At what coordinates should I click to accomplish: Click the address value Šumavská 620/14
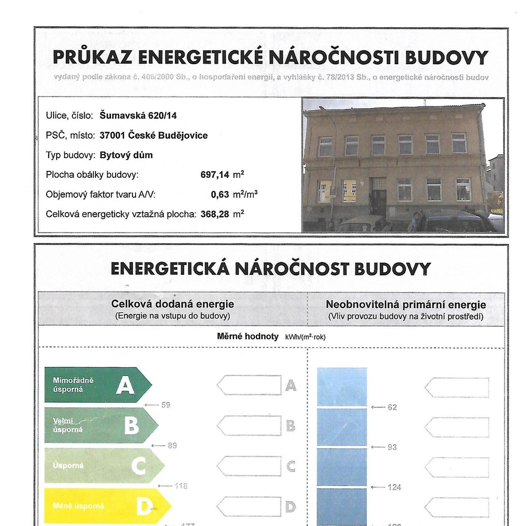(x=138, y=116)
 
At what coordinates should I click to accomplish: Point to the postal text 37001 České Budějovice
(x=154, y=136)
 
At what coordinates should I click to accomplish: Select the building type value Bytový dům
(x=126, y=155)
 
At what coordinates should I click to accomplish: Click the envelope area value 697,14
(x=215, y=175)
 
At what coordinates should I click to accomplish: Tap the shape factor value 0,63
(x=220, y=195)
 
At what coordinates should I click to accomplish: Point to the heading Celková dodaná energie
(x=173, y=304)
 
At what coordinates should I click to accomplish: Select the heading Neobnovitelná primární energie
(x=406, y=305)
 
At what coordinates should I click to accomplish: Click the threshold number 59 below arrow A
(x=165, y=405)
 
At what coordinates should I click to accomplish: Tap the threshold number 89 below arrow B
(x=172, y=445)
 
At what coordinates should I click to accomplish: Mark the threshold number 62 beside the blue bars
(x=392, y=407)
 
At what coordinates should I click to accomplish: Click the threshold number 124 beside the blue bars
(x=394, y=487)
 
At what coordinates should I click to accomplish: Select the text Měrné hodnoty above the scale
(x=248, y=336)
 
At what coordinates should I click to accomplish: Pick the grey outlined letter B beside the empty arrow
(x=291, y=425)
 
